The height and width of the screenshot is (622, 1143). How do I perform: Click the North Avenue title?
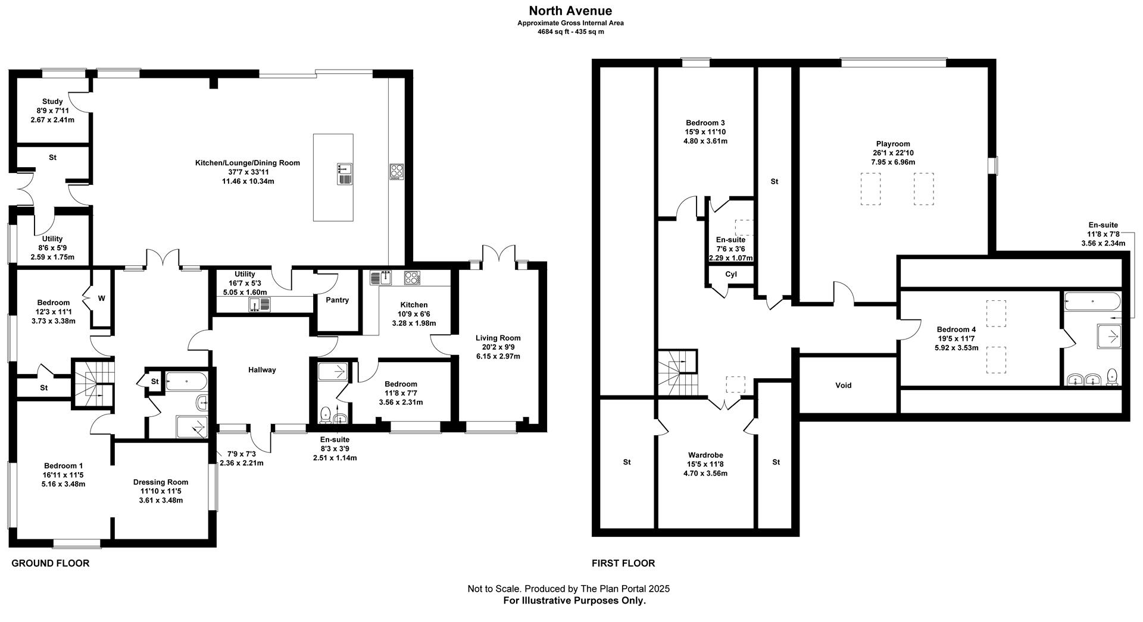(570, 11)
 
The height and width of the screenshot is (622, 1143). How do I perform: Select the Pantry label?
(337, 300)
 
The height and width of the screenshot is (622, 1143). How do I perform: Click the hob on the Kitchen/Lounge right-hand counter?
(397, 171)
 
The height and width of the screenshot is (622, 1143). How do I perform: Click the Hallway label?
(262, 370)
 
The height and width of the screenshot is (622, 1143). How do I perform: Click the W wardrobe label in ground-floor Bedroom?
(101, 299)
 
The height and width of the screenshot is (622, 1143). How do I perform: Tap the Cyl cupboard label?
(731, 275)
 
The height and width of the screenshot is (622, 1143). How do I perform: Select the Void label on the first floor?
(843, 385)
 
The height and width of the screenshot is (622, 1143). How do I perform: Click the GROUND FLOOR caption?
(51, 563)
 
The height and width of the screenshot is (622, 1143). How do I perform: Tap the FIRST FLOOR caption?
(623, 563)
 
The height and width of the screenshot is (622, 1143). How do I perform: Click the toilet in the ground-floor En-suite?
(326, 413)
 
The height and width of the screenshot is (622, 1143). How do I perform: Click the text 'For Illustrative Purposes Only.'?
(574, 601)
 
